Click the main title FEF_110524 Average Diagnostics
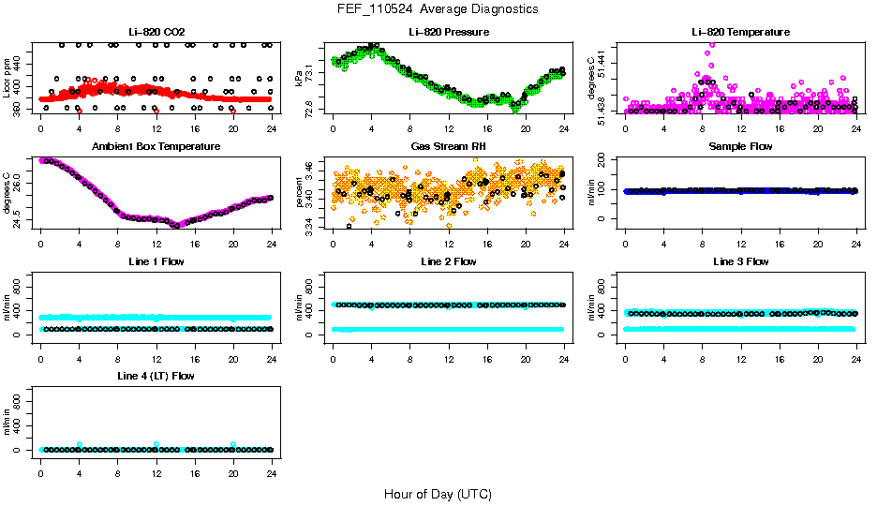click(438, 8)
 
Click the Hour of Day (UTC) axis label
click(438, 493)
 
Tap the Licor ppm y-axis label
click(8, 78)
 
